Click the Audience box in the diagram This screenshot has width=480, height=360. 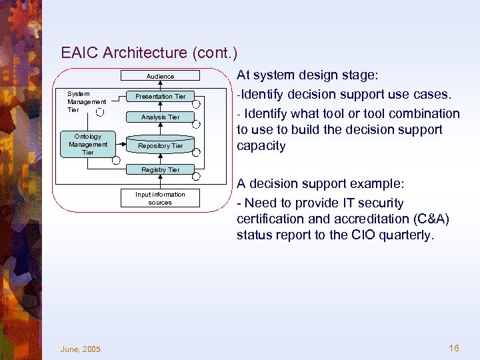coord(161,76)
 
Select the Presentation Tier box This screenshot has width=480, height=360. coord(161,97)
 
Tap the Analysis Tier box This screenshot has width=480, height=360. coord(161,117)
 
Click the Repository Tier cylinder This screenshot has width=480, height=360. coord(161,145)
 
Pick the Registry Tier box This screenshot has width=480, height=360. coord(161,170)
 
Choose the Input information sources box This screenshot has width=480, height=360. coord(161,198)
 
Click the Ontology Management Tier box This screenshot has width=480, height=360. coord(87,144)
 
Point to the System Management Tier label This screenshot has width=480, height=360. coord(87,101)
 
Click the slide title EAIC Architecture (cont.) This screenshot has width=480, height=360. coord(149,52)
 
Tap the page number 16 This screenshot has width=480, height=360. coord(454,348)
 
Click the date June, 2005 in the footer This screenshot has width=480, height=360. coord(80,349)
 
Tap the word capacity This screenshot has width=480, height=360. coord(261,145)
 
